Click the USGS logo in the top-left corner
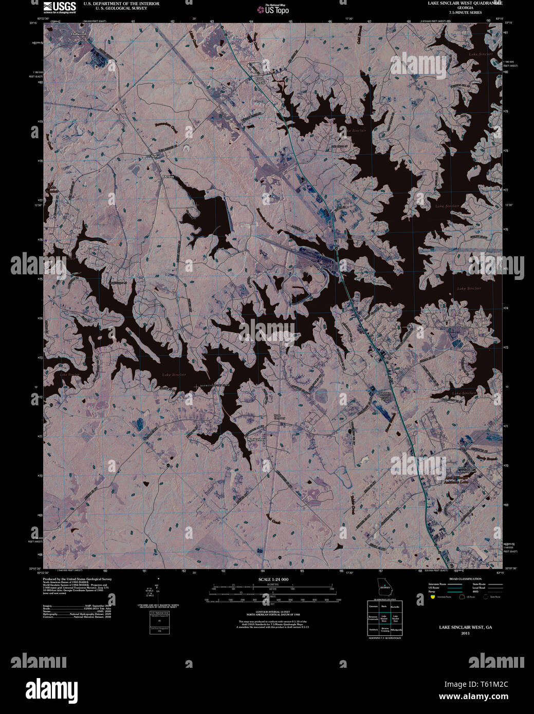click(60, 7)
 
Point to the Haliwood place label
click(79, 33)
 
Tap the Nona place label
click(155, 156)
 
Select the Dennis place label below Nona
click(169, 176)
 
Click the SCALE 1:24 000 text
click(273, 579)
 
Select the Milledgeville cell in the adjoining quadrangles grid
click(395, 629)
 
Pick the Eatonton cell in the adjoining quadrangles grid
click(373, 607)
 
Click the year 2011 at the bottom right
click(465, 633)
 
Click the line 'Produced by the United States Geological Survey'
click(77, 579)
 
